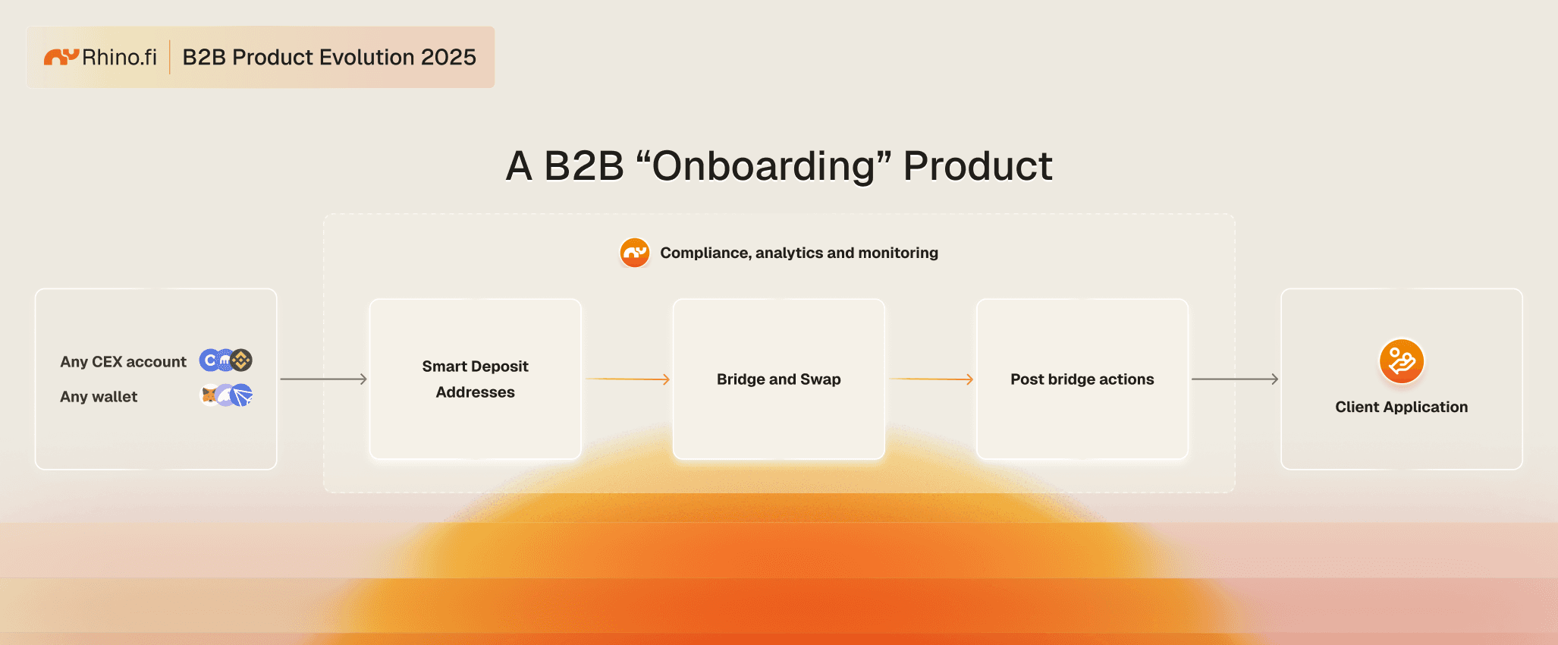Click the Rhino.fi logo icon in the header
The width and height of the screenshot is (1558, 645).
point(61,56)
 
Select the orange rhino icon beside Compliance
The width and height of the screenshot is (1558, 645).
point(635,253)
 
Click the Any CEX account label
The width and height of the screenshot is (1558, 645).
point(123,362)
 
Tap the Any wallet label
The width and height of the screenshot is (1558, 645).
point(99,397)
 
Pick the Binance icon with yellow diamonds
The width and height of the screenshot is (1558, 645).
point(241,360)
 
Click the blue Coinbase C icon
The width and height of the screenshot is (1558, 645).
point(209,360)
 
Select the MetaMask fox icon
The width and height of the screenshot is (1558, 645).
point(209,395)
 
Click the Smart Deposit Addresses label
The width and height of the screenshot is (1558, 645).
point(476,379)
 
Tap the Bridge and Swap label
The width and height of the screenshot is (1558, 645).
point(779,379)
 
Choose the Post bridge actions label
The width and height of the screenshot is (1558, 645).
point(1082,379)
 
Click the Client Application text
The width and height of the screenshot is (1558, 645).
point(1402,407)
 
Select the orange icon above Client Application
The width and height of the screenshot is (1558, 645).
point(1402,361)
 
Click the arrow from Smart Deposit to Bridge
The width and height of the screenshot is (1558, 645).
point(627,379)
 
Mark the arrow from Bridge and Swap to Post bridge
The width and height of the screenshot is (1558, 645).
point(931,379)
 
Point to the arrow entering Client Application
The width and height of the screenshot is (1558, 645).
point(1235,379)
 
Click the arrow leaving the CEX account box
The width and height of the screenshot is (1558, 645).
point(323,379)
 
